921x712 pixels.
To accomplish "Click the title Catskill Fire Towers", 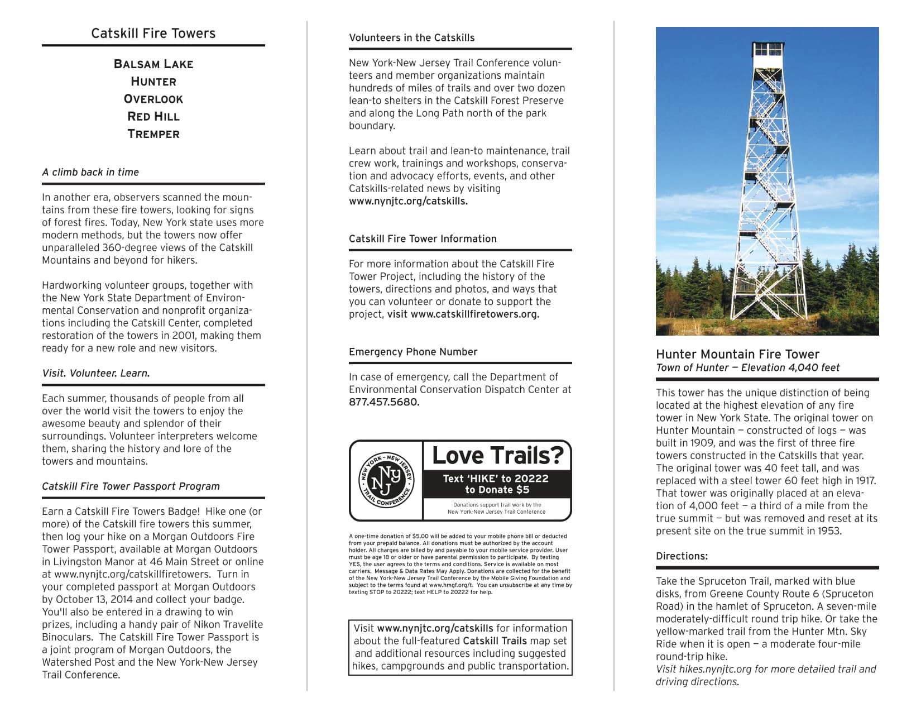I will [153, 34].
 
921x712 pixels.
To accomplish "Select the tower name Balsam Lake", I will [153, 64].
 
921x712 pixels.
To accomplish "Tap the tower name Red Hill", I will [153, 117].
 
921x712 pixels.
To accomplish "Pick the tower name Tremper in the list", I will [153, 134].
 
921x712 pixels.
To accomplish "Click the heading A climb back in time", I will [90, 173].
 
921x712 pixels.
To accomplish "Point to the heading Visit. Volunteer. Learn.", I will [96, 374].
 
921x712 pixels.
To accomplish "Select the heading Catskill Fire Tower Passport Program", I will [131, 486].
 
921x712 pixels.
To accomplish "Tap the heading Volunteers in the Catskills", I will [411, 38].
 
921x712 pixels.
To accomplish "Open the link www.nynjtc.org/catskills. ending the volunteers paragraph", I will [408, 202].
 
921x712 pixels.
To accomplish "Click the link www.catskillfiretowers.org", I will [474, 314].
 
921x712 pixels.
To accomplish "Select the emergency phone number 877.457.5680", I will [383, 403].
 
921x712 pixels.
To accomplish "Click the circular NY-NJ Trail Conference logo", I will [386, 481].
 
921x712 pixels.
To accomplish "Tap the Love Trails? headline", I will [497, 456].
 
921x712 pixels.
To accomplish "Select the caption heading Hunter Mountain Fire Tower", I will [737, 355].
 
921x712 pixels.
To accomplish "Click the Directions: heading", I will [682, 556].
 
